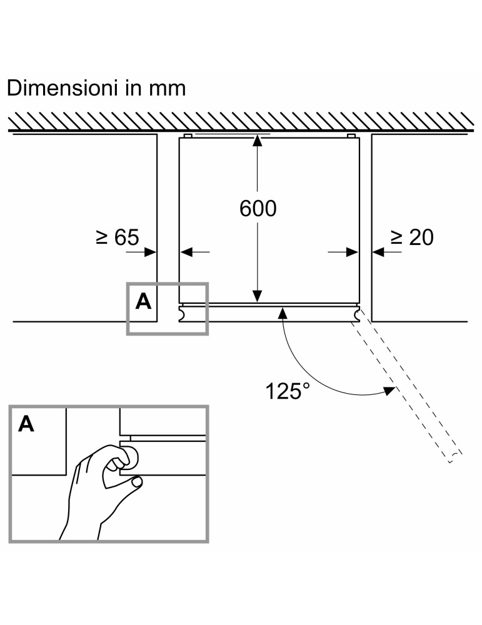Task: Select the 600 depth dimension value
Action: click(x=258, y=209)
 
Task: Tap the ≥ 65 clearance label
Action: click(x=117, y=237)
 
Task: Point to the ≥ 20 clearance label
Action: click(x=411, y=237)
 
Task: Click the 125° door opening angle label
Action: click(x=287, y=391)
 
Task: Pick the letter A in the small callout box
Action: click(x=144, y=301)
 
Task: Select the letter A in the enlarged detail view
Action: click(x=26, y=424)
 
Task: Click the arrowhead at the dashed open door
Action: click(x=390, y=391)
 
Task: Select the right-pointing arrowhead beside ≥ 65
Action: click(x=150, y=251)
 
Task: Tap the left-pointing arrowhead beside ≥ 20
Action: click(x=377, y=251)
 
